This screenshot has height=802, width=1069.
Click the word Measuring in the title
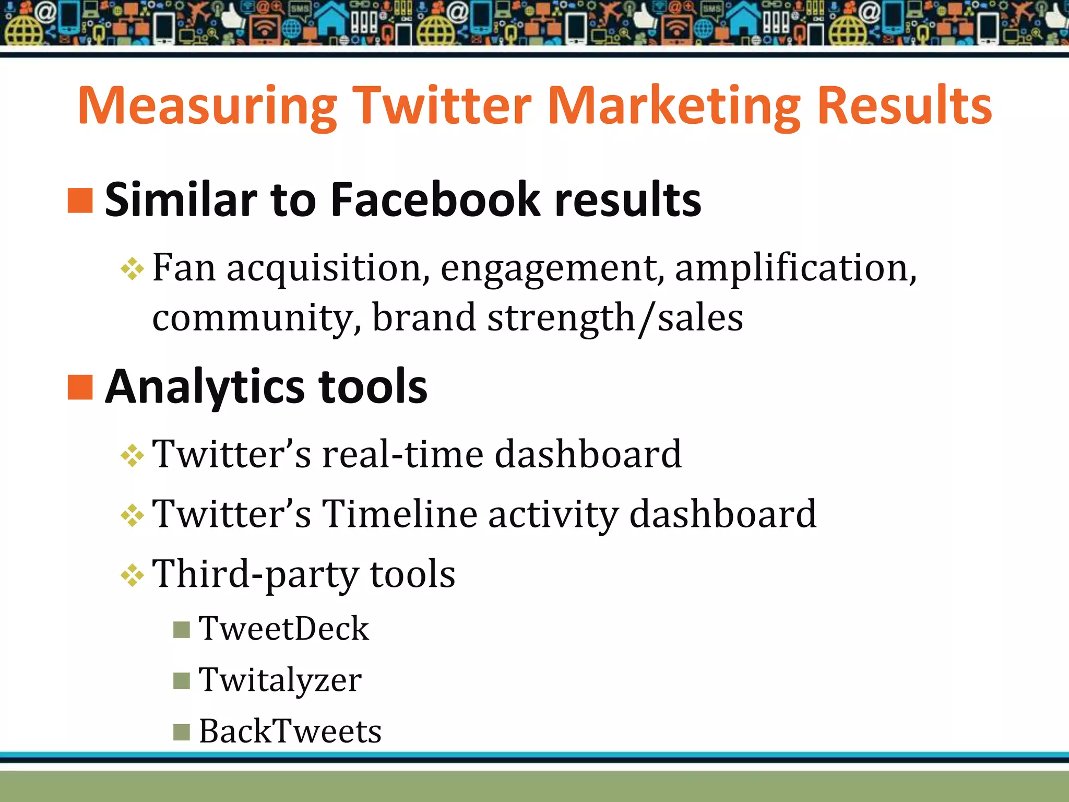pyautogui.click(x=208, y=106)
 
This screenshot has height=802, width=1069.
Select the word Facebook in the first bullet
pyautogui.click(x=435, y=200)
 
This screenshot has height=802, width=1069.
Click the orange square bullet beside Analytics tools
pyautogui.click(x=80, y=387)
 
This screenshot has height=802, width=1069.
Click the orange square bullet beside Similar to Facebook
pyautogui.click(x=80, y=200)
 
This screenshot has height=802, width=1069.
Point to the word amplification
pyautogui.click(x=795, y=268)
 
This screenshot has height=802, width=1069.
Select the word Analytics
pyautogui.click(x=205, y=387)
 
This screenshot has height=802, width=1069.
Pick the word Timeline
pyautogui.click(x=399, y=514)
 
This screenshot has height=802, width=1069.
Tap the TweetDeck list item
pyautogui.click(x=283, y=628)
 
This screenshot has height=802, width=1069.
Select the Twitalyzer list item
pyautogui.click(x=280, y=680)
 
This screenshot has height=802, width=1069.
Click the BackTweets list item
pyautogui.click(x=290, y=731)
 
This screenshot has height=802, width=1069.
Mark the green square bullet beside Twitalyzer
pyautogui.click(x=181, y=681)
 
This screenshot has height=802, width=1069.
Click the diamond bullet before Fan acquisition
pyautogui.click(x=132, y=269)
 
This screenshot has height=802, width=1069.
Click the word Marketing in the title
pyautogui.click(x=673, y=106)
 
